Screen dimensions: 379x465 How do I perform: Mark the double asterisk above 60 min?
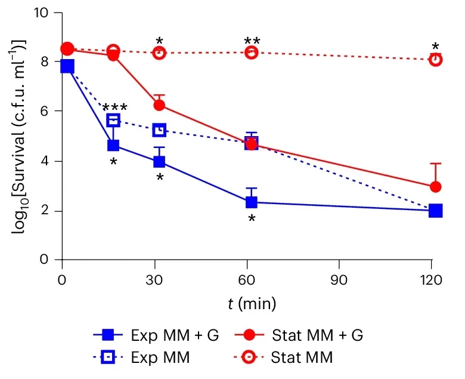tap(252, 41)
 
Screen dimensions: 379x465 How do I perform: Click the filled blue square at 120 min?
tap(436, 211)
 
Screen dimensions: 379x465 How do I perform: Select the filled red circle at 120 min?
tap(436, 187)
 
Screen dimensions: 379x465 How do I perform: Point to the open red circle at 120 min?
tap(436, 60)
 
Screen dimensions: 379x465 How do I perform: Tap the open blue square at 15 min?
tap(113, 121)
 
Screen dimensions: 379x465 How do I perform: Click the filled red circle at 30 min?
tap(159, 105)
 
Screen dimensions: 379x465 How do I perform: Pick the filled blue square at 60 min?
tap(252, 202)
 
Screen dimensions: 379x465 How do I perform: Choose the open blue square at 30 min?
tap(159, 130)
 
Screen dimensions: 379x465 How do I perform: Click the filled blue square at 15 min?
tap(113, 145)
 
